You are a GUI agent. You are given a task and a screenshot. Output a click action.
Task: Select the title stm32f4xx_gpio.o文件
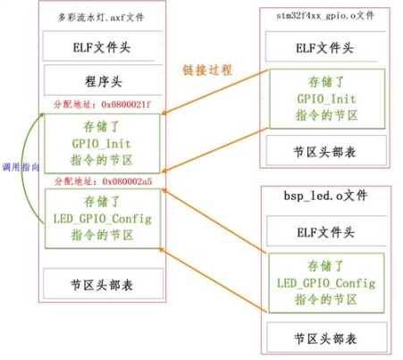coord(326,16)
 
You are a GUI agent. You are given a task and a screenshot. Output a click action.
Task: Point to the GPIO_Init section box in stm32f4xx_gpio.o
coord(326,96)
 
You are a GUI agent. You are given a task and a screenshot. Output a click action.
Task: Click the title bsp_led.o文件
coord(326,195)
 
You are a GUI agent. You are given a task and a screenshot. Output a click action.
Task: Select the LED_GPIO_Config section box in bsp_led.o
coord(326,283)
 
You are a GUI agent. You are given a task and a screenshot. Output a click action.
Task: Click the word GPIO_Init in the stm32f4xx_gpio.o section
coord(326,96)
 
